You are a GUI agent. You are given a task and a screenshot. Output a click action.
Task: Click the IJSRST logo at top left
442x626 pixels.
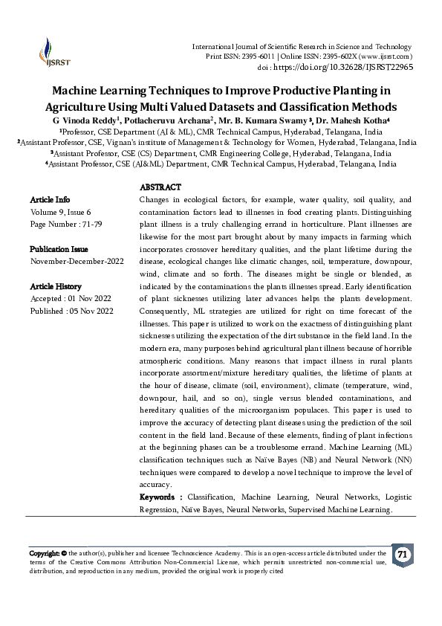tap(49, 54)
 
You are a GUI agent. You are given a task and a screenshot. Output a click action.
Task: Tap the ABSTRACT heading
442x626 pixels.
tap(160, 187)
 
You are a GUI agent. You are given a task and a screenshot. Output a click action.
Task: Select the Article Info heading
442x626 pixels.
tap(50, 200)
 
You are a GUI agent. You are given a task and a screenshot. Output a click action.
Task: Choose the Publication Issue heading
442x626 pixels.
tap(59, 249)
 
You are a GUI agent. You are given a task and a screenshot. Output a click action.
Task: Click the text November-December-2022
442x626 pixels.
tap(77, 262)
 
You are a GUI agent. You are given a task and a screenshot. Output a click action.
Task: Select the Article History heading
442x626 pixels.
tap(56, 286)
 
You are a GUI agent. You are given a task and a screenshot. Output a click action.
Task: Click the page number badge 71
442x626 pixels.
tap(402, 555)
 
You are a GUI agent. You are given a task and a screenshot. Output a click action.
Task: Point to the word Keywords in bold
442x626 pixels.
tap(159, 496)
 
